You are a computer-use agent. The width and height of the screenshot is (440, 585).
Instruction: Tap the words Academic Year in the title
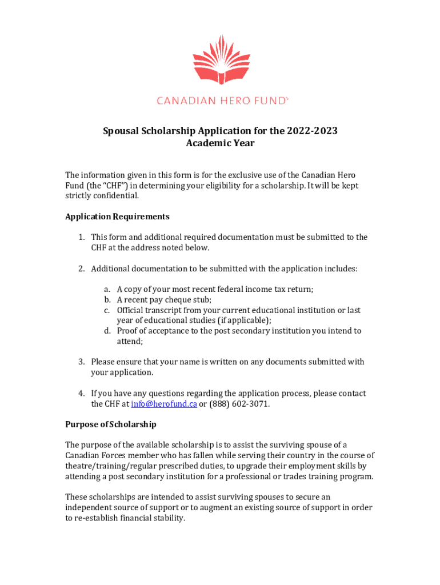[x=220, y=143]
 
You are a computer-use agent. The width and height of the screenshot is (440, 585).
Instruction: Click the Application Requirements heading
[x=117, y=217]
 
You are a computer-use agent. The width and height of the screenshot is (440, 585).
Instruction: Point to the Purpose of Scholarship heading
[x=111, y=424]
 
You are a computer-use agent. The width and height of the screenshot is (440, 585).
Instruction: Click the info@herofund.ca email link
[x=164, y=404]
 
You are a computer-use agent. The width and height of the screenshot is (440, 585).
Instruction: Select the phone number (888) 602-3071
[x=239, y=404]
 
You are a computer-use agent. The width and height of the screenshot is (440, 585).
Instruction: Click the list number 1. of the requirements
[x=82, y=237]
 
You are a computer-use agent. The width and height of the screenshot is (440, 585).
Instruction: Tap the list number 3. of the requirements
[x=82, y=362]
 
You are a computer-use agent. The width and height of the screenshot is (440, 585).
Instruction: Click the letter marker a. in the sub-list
[x=107, y=290]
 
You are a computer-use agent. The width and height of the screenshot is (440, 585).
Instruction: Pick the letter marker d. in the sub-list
[x=107, y=331]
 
